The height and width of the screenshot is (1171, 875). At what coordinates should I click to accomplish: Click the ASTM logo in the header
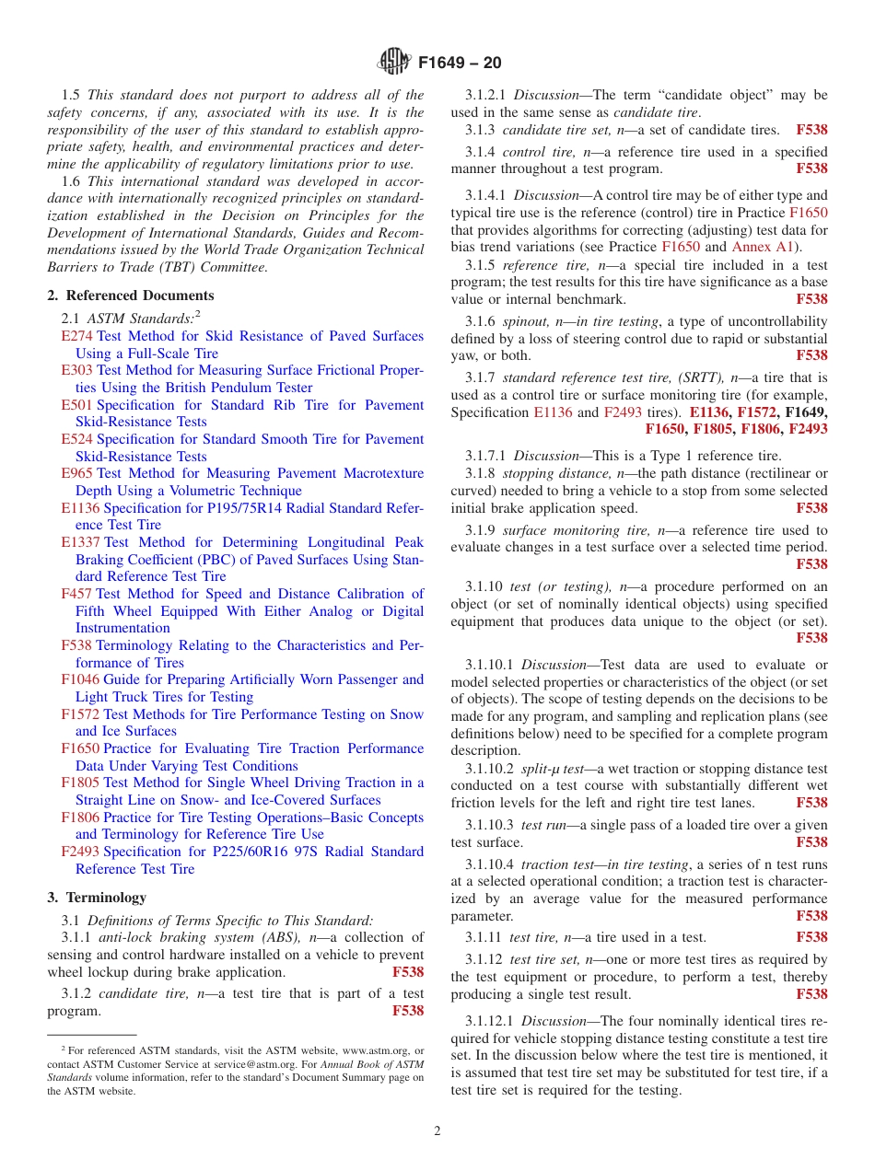[393, 63]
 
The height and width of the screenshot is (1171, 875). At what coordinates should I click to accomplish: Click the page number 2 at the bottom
[437, 1131]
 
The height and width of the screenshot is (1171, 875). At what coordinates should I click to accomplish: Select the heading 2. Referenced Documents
[130, 296]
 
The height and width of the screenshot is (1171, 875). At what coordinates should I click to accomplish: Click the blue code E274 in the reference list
[76, 336]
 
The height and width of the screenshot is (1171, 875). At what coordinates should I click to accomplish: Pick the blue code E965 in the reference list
[76, 473]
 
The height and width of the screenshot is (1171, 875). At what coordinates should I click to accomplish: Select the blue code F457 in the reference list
[76, 594]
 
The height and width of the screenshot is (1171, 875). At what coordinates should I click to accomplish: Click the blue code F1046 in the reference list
[80, 679]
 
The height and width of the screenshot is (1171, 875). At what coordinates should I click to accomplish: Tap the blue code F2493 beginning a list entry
[80, 852]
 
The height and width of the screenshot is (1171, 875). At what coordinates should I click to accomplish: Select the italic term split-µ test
[553, 767]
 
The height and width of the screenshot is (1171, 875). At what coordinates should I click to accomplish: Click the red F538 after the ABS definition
[408, 972]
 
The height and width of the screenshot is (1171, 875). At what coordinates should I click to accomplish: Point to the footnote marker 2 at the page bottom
[64, 1049]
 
